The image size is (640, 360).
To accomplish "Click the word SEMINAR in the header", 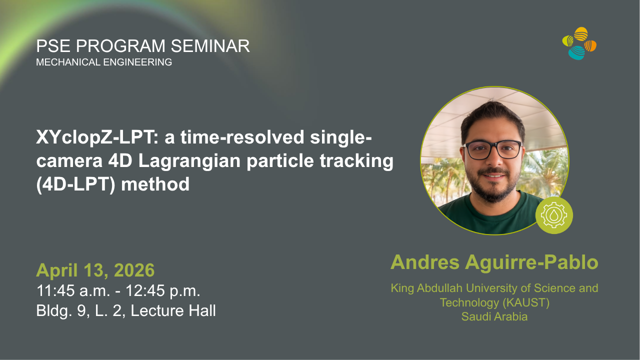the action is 210,46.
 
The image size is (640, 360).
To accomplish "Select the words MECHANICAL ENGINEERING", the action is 104,62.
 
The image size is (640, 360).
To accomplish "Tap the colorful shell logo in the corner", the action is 579,43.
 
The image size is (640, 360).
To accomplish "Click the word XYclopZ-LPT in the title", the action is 97,137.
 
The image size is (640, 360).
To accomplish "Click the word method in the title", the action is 155,184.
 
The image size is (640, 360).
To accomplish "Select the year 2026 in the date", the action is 134,270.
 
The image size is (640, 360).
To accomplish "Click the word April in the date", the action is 57,271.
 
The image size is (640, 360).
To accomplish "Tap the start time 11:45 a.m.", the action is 73,290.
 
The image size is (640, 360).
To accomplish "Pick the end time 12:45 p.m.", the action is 163,291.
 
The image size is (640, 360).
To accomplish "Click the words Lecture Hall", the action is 173,310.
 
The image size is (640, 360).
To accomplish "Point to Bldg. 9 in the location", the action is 61,311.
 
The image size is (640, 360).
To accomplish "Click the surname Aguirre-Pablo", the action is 531,262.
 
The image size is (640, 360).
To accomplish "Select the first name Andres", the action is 425,262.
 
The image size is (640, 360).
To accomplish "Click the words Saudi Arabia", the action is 494,316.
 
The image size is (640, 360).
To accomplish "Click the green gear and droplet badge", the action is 554,215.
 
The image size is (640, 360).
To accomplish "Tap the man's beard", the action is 493,185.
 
